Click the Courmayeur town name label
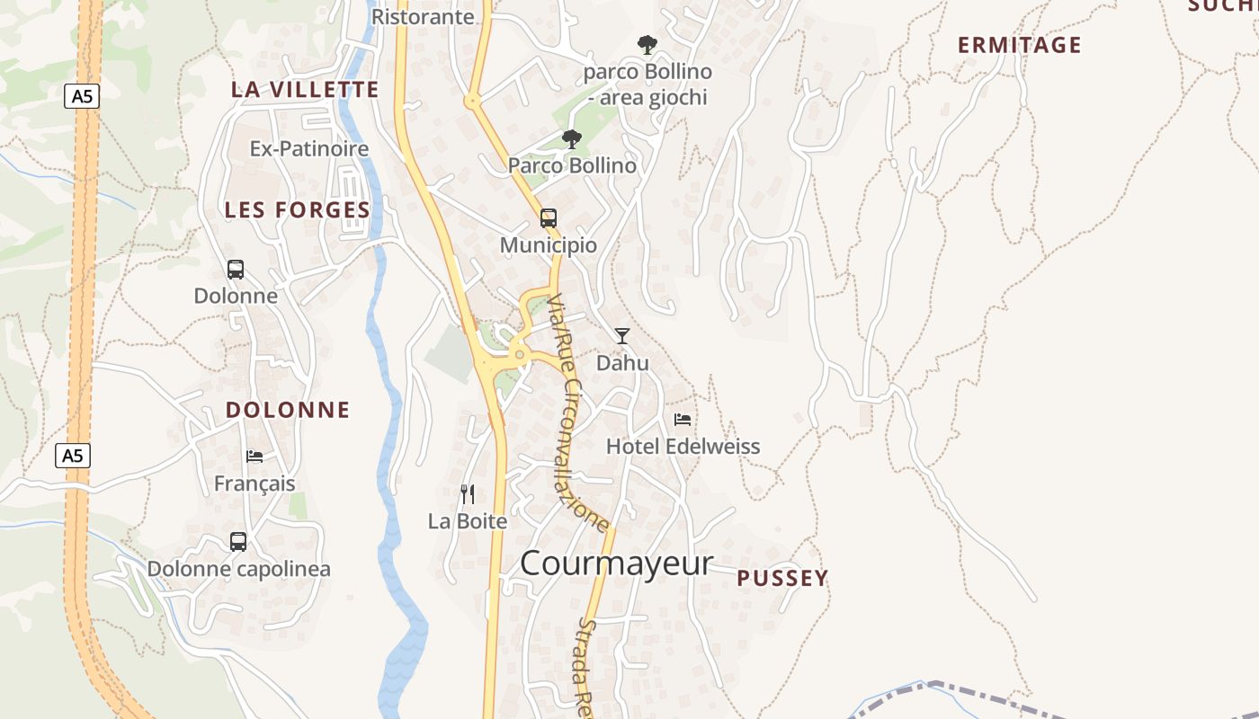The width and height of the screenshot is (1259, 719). [x=616, y=564]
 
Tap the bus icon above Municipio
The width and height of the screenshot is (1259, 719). [x=548, y=217]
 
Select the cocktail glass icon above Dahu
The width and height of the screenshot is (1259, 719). [x=621, y=335]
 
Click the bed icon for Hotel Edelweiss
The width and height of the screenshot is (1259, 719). [x=683, y=419]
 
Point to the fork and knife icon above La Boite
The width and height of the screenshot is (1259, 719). [x=467, y=494]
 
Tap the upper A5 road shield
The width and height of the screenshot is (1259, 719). [x=81, y=96]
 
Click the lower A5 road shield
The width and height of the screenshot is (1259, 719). [x=73, y=456]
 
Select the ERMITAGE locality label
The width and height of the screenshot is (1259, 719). [x=1019, y=45]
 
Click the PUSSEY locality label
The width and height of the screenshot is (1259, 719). [x=782, y=578]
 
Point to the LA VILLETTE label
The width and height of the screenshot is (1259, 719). [x=305, y=89]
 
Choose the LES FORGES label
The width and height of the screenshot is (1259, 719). [x=297, y=209]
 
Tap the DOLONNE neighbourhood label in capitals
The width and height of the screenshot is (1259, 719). [x=287, y=410]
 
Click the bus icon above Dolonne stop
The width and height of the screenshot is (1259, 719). [x=235, y=269]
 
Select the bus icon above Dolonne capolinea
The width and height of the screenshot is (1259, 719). [x=237, y=542]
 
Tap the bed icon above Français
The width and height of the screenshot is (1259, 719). [x=254, y=457]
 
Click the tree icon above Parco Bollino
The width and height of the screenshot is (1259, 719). [x=571, y=138]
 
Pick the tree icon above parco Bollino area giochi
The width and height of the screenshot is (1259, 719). [x=646, y=44]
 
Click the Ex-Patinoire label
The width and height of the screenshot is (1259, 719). [x=309, y=148]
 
